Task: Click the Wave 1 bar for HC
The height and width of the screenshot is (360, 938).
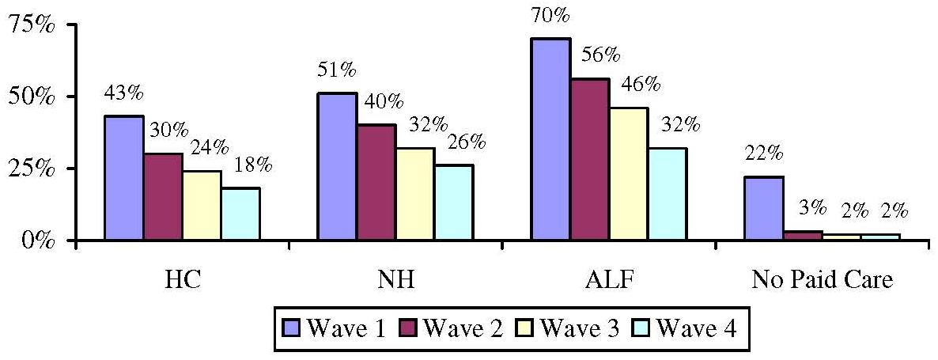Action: tap(123, 178)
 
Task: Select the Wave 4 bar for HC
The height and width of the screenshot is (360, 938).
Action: tap(240, 214)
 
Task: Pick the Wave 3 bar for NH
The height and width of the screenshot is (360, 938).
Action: tap(414, 194)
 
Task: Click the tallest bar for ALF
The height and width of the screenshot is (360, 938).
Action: tap(550, 139)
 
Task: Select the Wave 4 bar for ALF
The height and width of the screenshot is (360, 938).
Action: tap(667, 194)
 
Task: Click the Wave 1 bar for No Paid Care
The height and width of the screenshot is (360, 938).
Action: tap(764, 208)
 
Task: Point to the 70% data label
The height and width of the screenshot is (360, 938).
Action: tap(550, 14)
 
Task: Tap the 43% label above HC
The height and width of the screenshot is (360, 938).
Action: tap(124, 93)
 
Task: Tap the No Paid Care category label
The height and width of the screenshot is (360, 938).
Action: tap(822, 281)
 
